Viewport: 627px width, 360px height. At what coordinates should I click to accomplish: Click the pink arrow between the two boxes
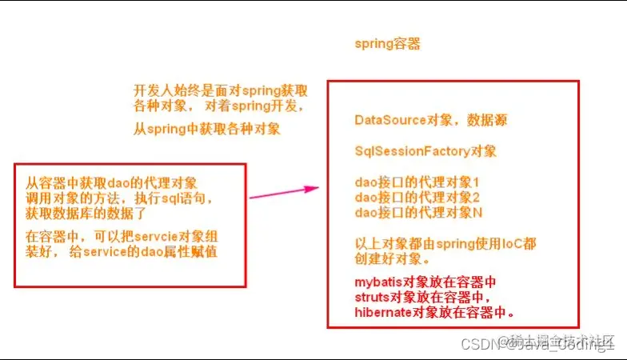(x=284, y=193)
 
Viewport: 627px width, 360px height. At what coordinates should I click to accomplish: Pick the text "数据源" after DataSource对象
(x=489, y=120)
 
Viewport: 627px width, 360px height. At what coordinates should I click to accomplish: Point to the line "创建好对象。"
(x=387, y=259)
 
